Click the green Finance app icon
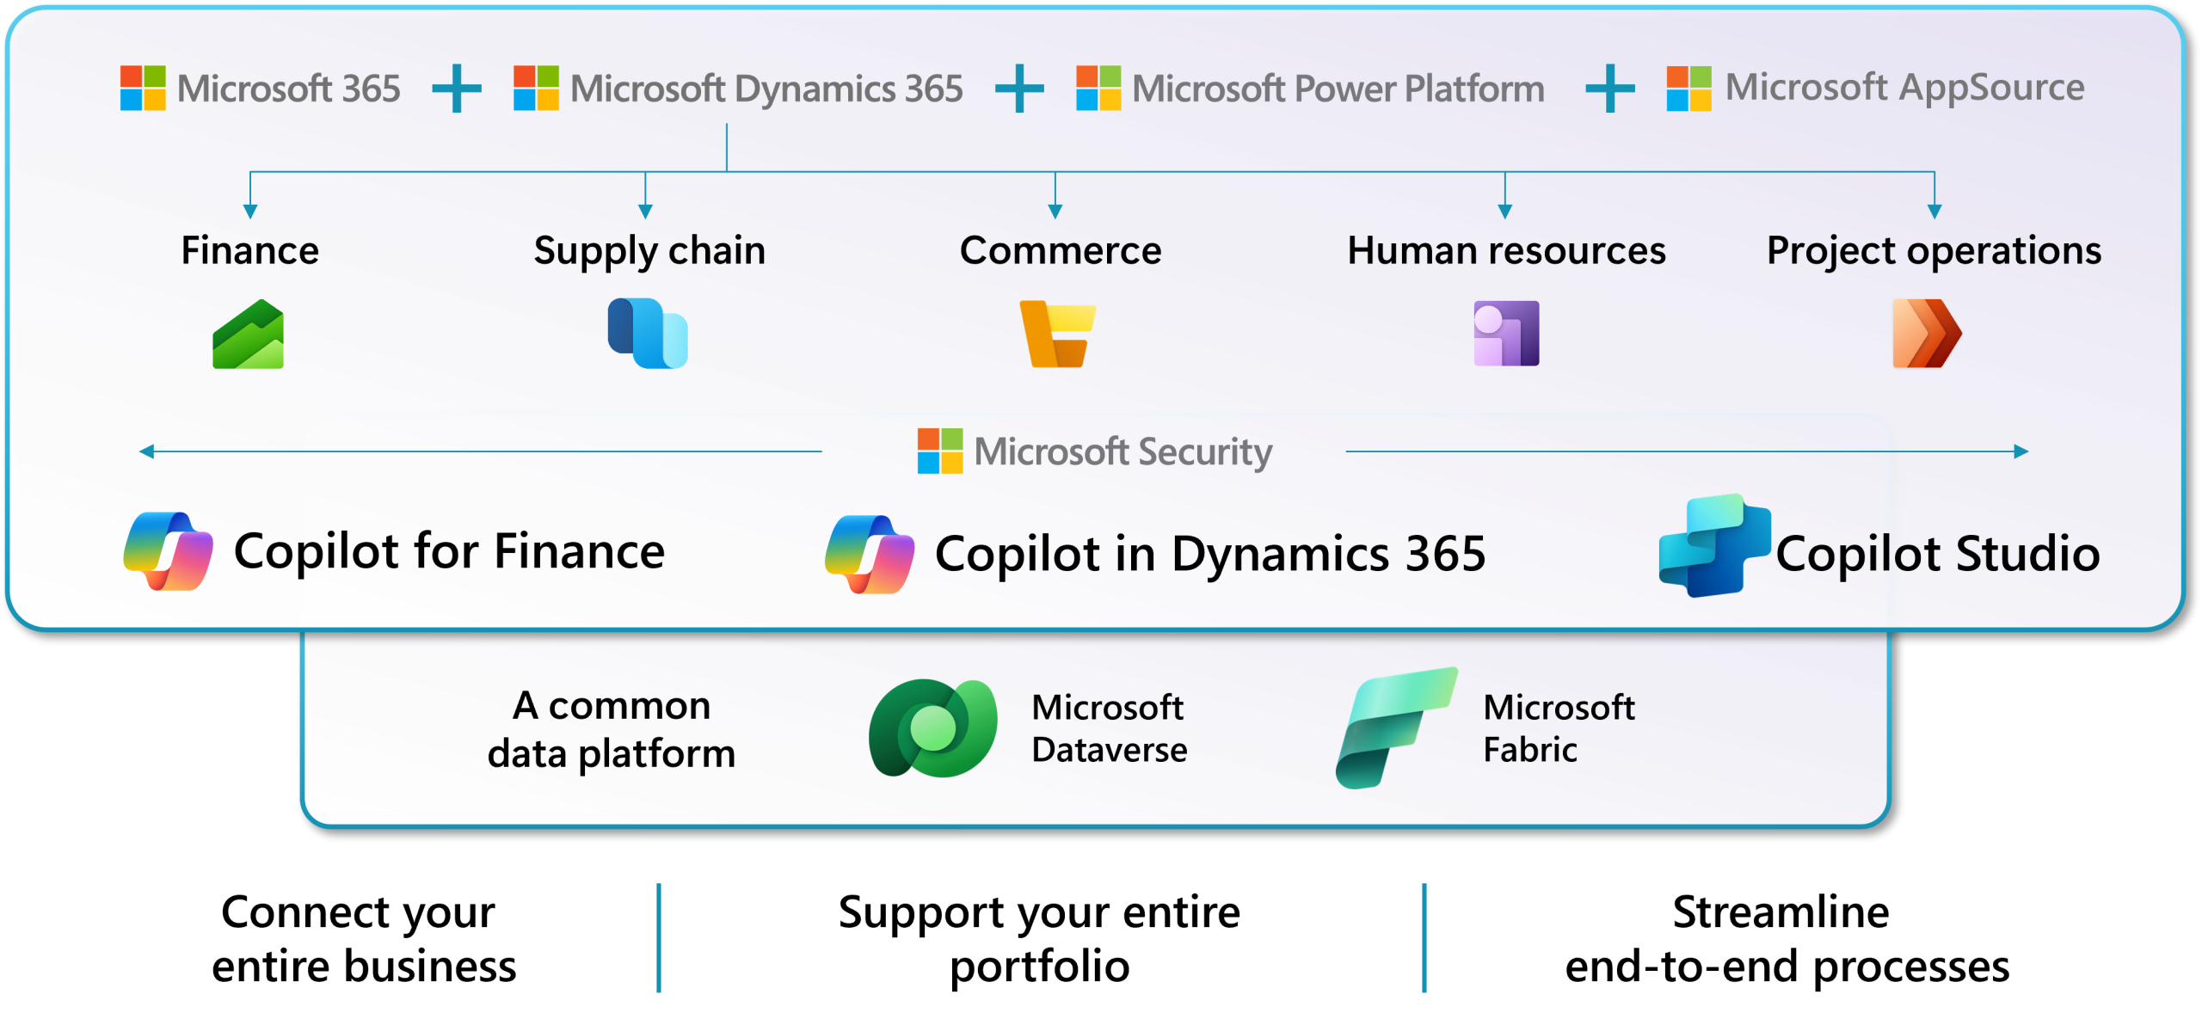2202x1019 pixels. click(x=249, y=335)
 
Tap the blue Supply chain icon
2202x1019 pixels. click(x=648, y=334)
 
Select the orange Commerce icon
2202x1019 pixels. click(x=1057, y=334)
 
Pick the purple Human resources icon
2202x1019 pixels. click(x=1506, y=334)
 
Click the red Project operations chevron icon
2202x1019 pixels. click(x=1927, y=334)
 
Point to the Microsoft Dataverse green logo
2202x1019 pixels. click(x=933, y=728)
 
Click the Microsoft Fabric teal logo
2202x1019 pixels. click(x=1395, y=727)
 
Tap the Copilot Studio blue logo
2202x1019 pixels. click(x=1713, y=546)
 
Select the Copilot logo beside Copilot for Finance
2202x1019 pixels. click(x=169, y=551)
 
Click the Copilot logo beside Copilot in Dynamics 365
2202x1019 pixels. click(x=870, y=555)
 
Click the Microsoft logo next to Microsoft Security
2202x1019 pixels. click(x=940, y=451)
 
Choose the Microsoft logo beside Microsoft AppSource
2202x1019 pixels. click(x=1688, y=89)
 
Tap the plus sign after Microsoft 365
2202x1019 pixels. click(x=457, y=89)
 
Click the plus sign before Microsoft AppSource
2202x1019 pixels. click(x=1609, y=89)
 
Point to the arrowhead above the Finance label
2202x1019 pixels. click(x=250, y=211)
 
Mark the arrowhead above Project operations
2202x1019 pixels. click(x=1934, y=211)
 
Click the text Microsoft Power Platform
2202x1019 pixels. click(x=1338, y=89)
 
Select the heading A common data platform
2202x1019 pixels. click(x=612, y=729)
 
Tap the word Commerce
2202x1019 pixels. click(x=1061, y=250)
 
